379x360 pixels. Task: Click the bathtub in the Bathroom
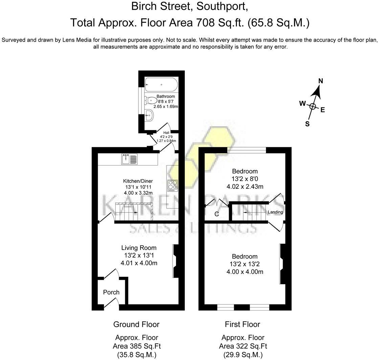click(161, 85)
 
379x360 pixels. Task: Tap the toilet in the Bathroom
click(151, 100)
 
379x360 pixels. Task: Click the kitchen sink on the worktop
click(130, 159)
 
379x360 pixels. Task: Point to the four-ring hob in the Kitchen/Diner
click(173, 185)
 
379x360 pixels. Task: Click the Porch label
click(111, 292)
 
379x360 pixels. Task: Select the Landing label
click(275, 212)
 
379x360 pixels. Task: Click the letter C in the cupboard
click(217, 214)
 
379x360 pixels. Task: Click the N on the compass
click(321, 81)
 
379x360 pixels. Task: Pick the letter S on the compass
click(307, 124)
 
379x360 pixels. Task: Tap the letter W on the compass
click(303, 104)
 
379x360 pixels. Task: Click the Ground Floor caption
click(136, 324)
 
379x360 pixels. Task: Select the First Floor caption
click(242, 324)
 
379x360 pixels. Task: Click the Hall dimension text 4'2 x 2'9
click(166, 137)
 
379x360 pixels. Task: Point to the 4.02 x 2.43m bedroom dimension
click(245, 186)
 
